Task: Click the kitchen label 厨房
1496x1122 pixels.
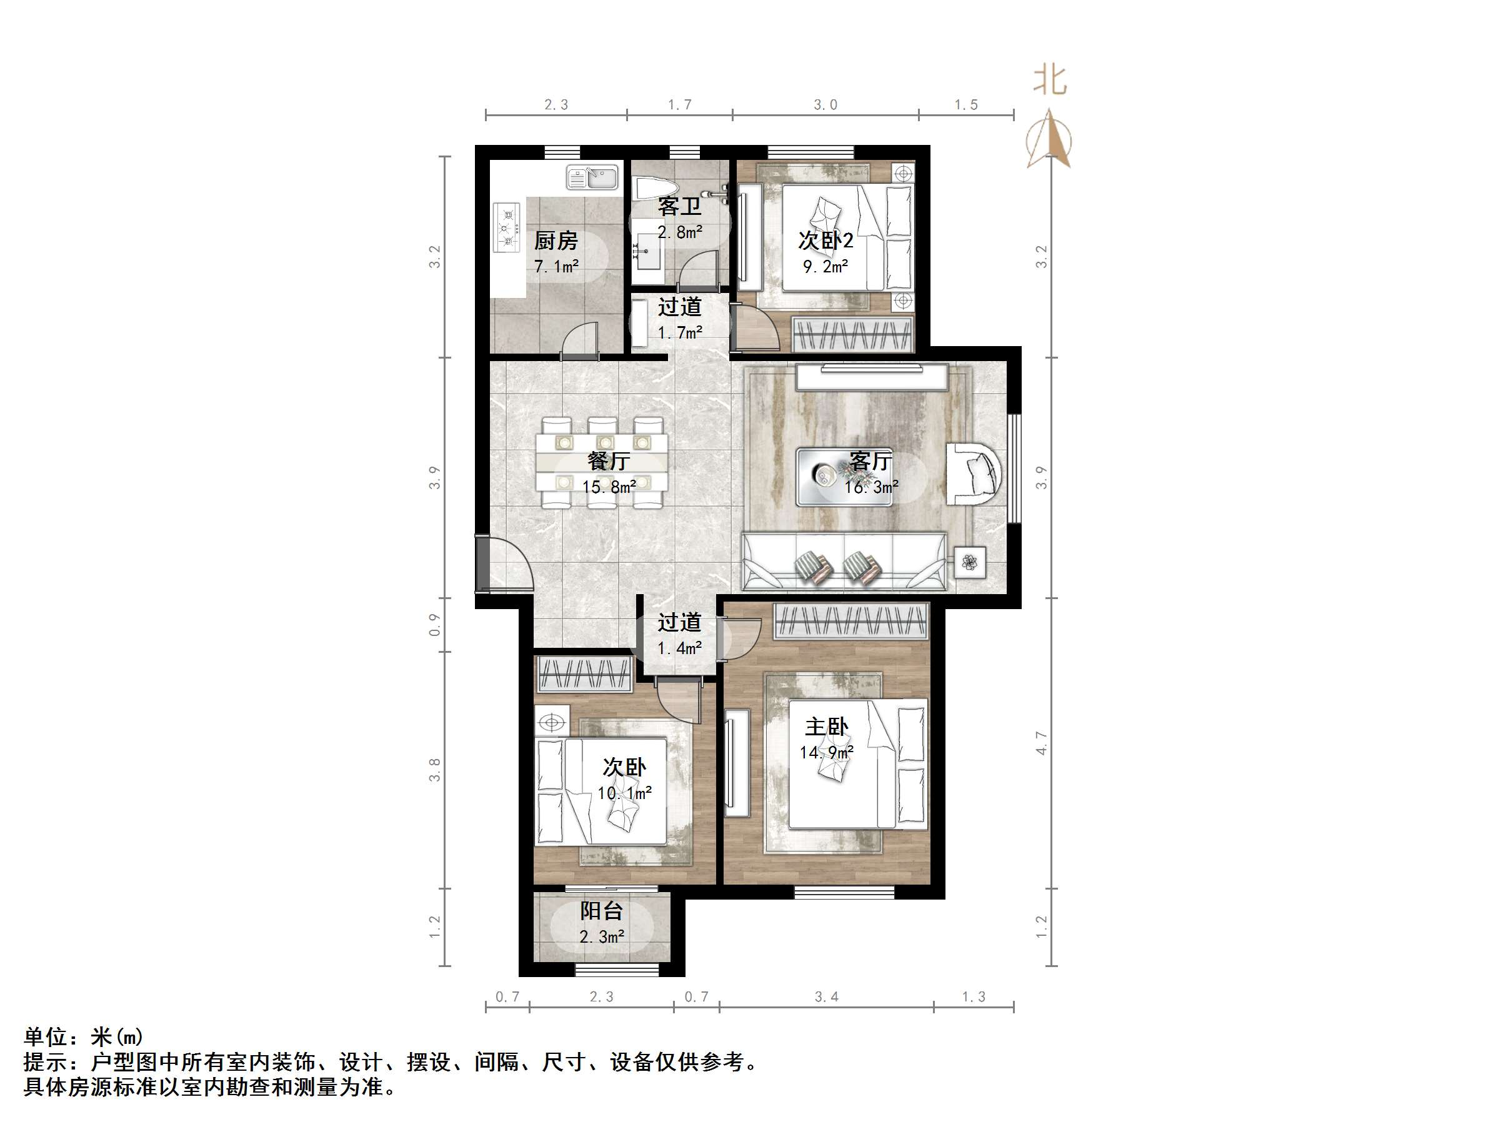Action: tap(556, 240)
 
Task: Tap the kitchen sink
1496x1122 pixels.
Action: tap(592, 178)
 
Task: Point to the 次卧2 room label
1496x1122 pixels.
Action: tap(825, 240)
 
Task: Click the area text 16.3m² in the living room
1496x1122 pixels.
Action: tap(871, 487)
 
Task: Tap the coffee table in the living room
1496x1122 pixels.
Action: tap(844, 476)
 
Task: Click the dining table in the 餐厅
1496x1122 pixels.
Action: tap(602, 462)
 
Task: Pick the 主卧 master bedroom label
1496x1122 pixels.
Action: tap(825, 727)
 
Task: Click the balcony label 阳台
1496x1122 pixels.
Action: tap(601, 911)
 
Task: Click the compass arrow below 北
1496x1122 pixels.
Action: tap(1050, 140)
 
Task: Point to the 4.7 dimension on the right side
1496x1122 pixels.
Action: tap(1042, 743)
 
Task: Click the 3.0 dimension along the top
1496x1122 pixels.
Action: tap(825, 105)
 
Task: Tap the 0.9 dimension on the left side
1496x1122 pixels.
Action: tap(434, 625)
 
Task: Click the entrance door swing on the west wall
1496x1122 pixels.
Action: tap(507, 563)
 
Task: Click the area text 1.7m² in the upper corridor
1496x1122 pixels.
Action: tap(680, 333)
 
